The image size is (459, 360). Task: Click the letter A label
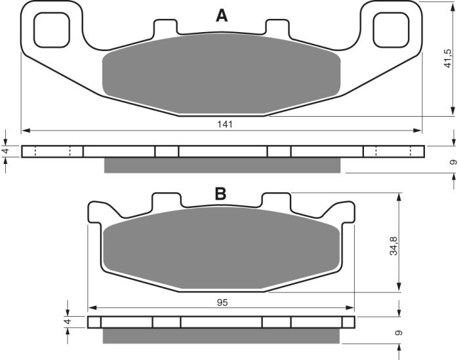222,16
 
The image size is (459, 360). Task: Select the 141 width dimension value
224,123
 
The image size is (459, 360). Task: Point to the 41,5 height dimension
448,57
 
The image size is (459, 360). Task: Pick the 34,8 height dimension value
393,243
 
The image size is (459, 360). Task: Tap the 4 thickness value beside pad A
6,151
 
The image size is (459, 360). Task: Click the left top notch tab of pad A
165,27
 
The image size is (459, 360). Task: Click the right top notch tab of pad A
276,27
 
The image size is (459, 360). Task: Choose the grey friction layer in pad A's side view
223,166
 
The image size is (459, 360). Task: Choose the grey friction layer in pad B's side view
222,335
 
